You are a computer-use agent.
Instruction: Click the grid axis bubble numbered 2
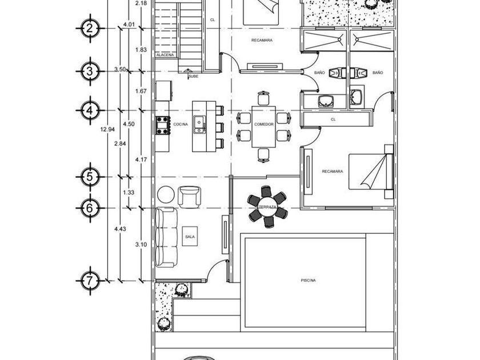click(x=89, y=27)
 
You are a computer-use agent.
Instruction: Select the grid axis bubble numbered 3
click(x=89, y=71)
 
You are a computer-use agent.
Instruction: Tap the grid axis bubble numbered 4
click(x=89, y=109)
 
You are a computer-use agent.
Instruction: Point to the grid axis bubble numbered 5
click(x=89, y=177)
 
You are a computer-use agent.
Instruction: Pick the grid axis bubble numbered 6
click(x=89, y=209)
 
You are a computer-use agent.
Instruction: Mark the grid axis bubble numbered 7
click(x=89, y=281)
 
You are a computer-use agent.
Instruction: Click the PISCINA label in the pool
click(x=308, y=280)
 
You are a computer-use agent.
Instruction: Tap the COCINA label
click(x=181, y=124)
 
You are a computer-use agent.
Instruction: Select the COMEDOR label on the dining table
click(x=263, y=124)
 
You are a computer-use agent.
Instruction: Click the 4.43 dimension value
click(x=119, y=229)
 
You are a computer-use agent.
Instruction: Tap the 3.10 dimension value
click(x=141, y=245)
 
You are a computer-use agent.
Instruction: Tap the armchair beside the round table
click(x=189, y=197)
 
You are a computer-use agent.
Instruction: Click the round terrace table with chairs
click(x=266, y=207)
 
